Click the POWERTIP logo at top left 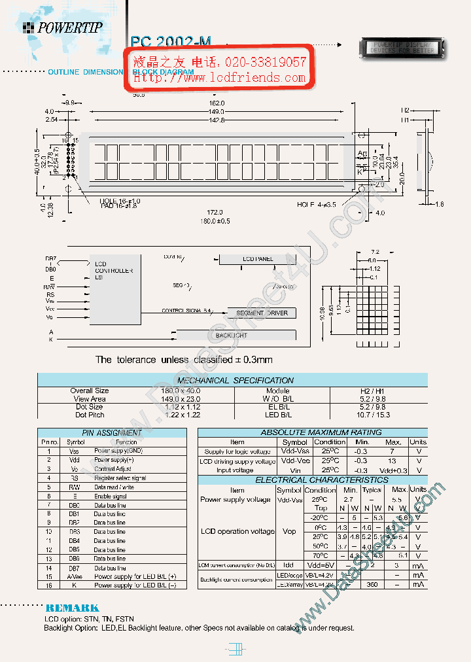point(63,27)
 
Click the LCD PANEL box point(257,259)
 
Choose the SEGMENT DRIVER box point(262,313)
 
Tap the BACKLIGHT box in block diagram point(232,336)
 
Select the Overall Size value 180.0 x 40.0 point(181,391)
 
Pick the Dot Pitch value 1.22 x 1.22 point(181,415)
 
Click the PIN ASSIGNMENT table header point(112,433)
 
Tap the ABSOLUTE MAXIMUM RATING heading point(312,432)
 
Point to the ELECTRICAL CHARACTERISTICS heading point(312,480)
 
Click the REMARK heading point(72,608)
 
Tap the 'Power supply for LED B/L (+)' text point(135,576)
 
